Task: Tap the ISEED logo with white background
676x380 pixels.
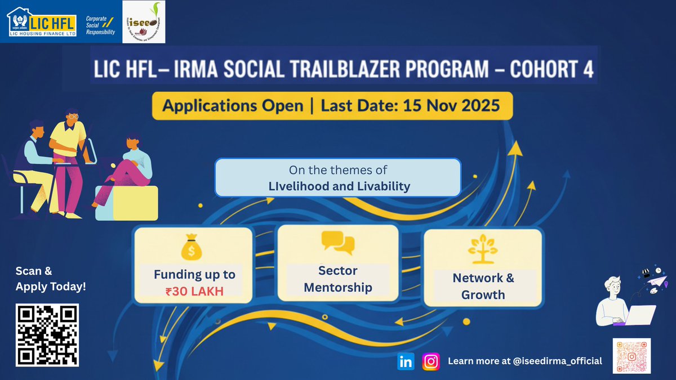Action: pos(144,22)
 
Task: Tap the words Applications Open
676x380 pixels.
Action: pos(233,106)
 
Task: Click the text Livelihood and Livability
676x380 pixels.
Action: pos(338,186)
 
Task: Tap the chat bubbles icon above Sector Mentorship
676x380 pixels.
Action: pos(337,243)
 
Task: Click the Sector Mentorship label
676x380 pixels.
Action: pos(337,279)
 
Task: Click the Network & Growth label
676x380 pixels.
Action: pos(483,286)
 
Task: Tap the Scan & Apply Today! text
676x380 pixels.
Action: pos(51,279)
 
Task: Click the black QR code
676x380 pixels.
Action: pos(47,334)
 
